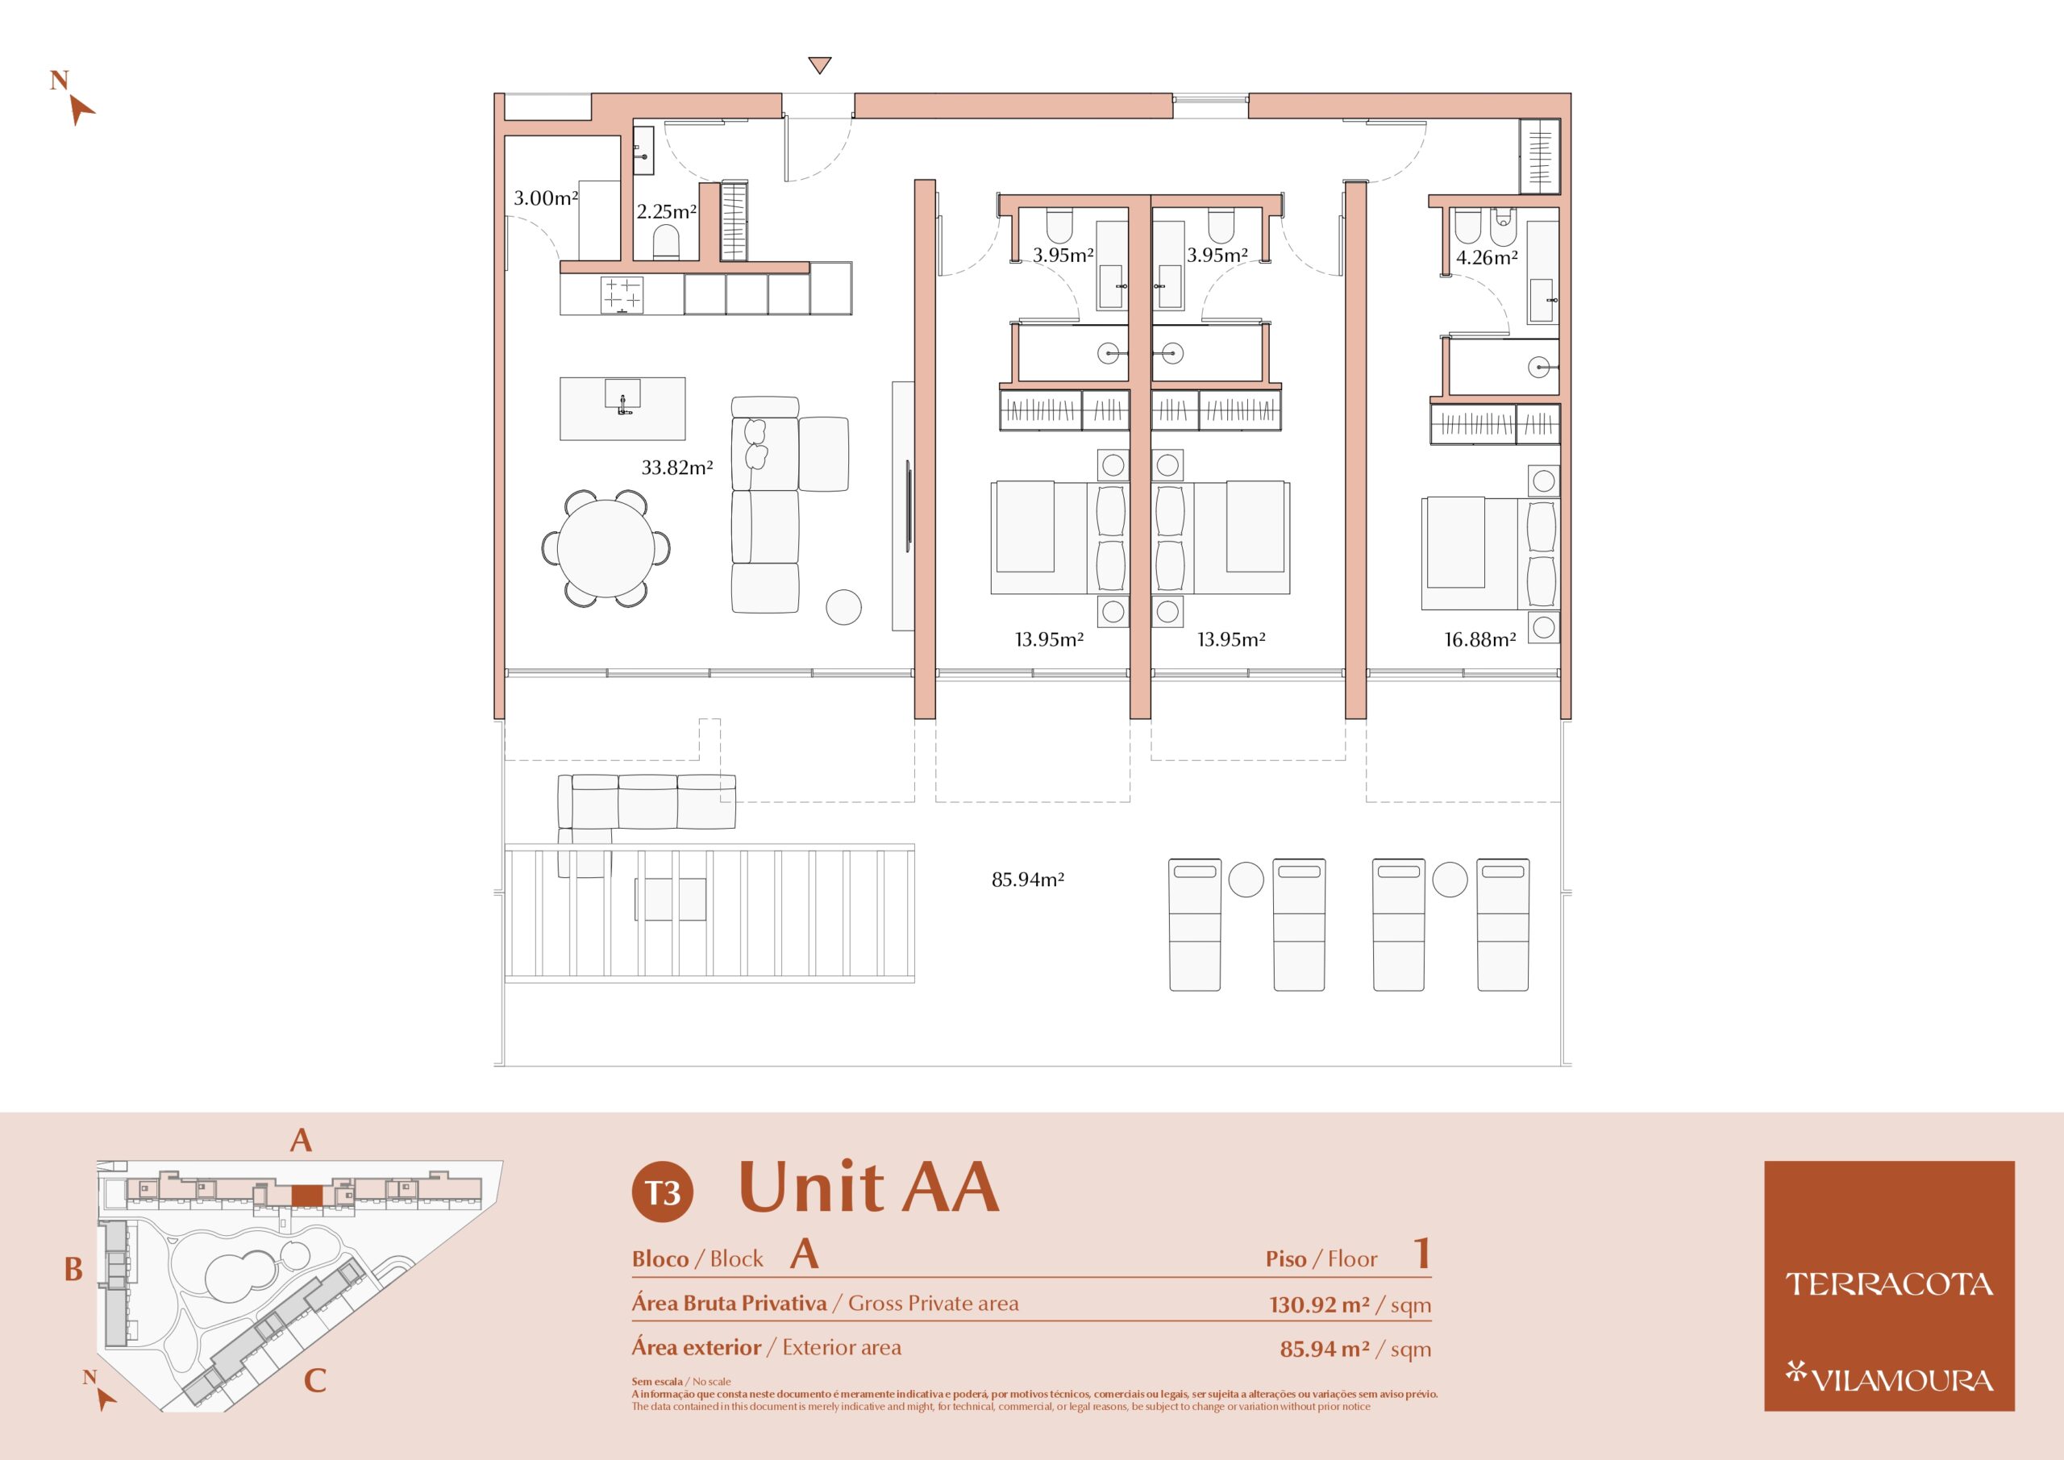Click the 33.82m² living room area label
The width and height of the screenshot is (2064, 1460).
click(x=677, y=468)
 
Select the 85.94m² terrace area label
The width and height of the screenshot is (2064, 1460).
click(x=1027, y=880)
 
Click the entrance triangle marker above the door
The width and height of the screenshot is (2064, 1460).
click(x=819, y=65)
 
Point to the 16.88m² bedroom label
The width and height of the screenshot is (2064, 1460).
click(x=1479, y=640)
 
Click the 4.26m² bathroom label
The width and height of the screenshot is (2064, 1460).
click(x=1487, y=258)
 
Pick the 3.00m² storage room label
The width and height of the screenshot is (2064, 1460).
click(x=546, y=198)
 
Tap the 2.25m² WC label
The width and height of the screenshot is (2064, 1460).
click(x=667, y=212)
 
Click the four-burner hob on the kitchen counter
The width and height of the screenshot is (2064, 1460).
click(x=622, y=295)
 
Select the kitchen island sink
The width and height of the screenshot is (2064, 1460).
click(x=622, y=397)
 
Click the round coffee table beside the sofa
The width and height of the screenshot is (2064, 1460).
click(x=843, y=607)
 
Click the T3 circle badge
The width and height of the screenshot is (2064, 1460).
click(x=663, y=1192)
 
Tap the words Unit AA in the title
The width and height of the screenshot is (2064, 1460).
click(x=868, y=1187)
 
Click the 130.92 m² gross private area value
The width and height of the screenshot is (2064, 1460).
click(x=1320, y=1304)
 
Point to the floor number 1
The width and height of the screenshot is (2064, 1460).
click(x=1421, y=1254)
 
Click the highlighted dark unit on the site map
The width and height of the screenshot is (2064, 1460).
click(x=307, y=1195)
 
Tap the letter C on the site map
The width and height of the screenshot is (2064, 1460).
click(x=314, y=1380)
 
